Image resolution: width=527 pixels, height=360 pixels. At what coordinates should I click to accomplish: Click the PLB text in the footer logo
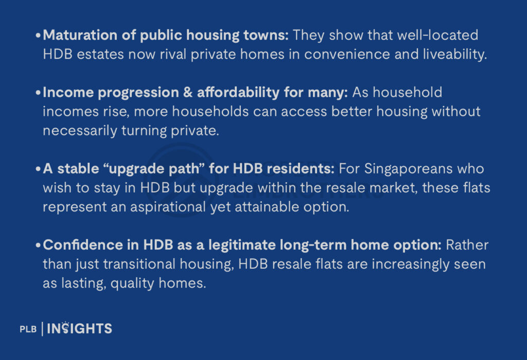pos(28,329)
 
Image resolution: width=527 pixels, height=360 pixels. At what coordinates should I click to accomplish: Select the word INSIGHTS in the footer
pos(80,329)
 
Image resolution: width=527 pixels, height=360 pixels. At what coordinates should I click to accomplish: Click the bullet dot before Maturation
pos(39,37)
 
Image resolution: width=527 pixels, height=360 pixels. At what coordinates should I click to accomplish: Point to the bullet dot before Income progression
pos(39,94)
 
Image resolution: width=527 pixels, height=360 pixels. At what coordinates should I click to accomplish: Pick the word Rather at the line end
pos(467,245)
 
